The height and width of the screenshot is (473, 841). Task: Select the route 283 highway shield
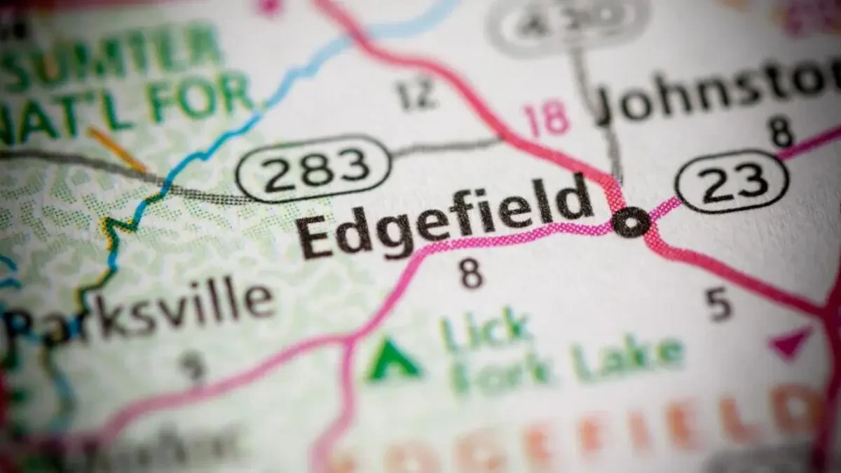pos(313,169)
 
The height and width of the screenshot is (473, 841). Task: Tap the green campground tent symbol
pos(394,361)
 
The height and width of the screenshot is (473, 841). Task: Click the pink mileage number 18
pos(547,118)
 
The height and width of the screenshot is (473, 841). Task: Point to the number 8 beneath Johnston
pos(781,132)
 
